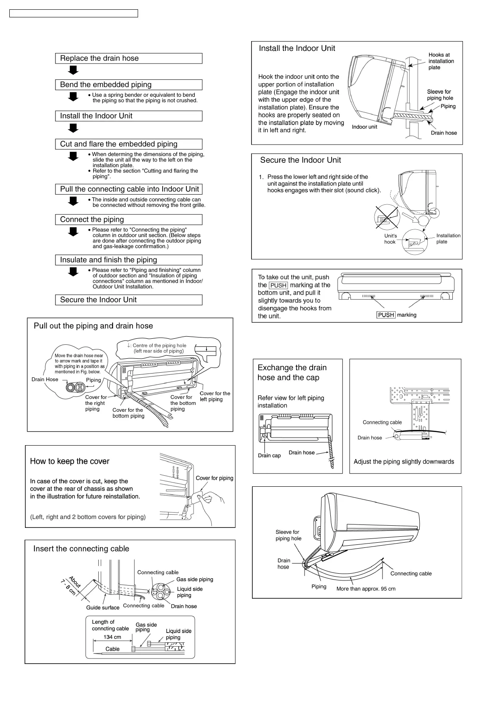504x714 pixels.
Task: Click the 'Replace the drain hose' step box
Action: pyautogui.click(x=128, y=59)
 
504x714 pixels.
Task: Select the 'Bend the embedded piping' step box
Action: pyautogui.click(x=128, y=85)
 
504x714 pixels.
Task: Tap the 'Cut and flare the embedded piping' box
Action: pyautogui.click(x=128, y=144)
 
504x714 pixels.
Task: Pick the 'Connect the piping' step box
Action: pyautogui.click(x=128, y=220)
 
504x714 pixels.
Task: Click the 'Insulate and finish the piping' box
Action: pyautogui.click(x=128, y=260)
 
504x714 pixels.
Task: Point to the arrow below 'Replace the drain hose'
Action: pyautogui.click(x=74, y=70)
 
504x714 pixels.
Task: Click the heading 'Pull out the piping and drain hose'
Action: pyautogui.click(x=93, y=326)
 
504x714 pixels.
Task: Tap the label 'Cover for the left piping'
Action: pyautogui.click(x=215, y=396)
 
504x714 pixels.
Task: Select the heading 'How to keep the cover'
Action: pyautogui.click(x=69, y=461)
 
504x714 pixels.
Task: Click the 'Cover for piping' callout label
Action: pyautogui.click(x=214, y=478)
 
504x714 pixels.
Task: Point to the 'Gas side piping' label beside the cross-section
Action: pyautogui.click(x=194, y=580)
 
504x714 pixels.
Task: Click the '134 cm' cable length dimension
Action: pyautogui.click(x=112, y=637)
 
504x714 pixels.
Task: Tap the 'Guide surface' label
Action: pyautogui.click(x=102, y=608)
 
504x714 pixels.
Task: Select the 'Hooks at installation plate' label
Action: pyautogui.click(x=441, y=61)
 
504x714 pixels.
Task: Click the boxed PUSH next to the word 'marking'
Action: pyautogui.click(x=386, y=315)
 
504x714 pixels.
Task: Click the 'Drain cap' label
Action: pyautogui.click(x=269, y=456)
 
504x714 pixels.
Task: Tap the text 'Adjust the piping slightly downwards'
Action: pyautogui.click(x=404, y=462)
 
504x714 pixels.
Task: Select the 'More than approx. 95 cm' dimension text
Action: pyautogui.click(x=366, y=589)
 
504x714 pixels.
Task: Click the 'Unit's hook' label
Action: pyautogui.click(x=390, y=239)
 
